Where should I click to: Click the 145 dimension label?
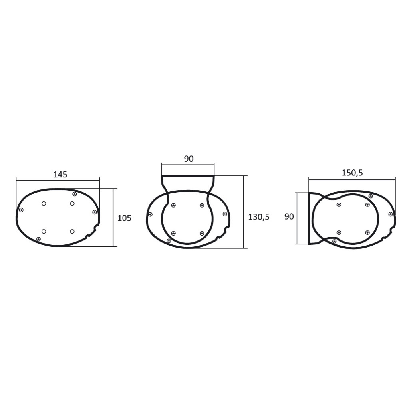(x=60, y=174)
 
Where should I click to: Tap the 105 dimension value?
(x=125, y=218)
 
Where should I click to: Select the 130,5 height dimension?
(x=259, y=217)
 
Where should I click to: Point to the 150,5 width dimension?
(x=352, y=173)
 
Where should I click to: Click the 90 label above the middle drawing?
(x=189, y=159)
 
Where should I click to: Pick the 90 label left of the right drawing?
(x=289, y=216)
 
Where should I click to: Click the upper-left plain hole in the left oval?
(x=44, y=203)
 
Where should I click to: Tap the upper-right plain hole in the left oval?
(x=72, y=203)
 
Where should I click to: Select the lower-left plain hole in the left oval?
(x=44, y=231)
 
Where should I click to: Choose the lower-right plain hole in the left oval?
(x=72, y=231)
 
